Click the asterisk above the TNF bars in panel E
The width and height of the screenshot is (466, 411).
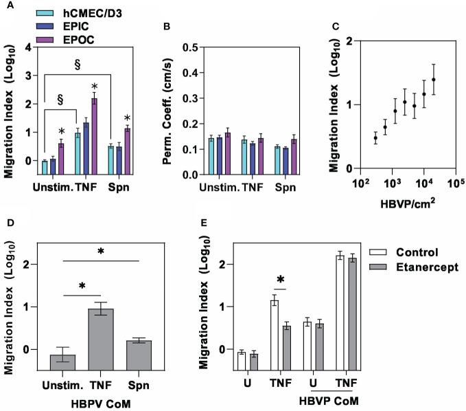tap(282, 279)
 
